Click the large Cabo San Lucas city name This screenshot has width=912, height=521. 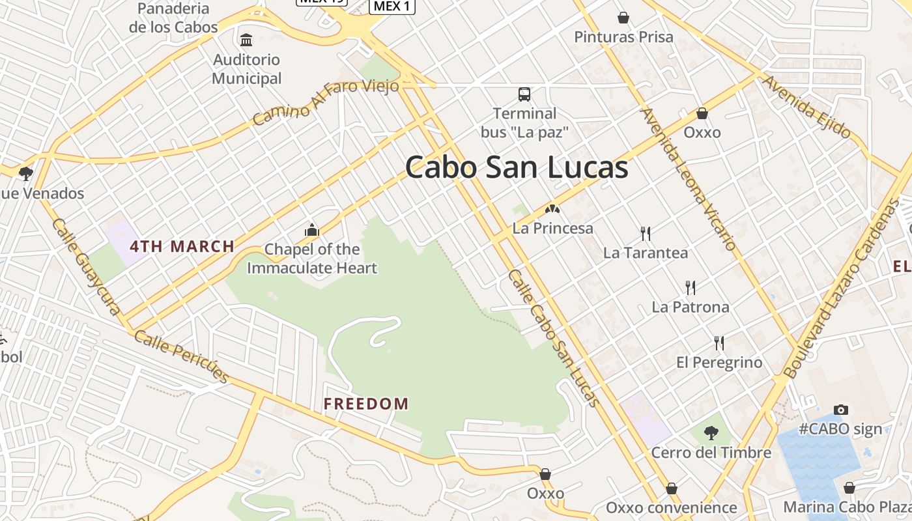point(517,168)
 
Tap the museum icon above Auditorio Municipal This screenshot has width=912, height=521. point(246,40)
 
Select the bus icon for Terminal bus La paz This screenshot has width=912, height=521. point(524,94)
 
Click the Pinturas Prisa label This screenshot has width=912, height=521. point(623,37)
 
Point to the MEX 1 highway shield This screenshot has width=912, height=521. point(392,7)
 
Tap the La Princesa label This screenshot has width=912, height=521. point(553,228)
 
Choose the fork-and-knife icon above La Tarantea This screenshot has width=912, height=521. point(646,233)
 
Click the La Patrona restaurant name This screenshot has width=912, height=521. point(691,307)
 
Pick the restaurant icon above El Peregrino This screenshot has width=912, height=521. point(719,343)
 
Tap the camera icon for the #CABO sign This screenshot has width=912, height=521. point(841,410)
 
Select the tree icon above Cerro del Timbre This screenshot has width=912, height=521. point(711,432)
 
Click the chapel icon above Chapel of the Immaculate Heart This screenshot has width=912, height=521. point(312,230)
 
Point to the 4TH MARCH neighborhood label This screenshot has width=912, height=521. point(182,246)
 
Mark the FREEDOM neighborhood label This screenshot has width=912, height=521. point(366,404)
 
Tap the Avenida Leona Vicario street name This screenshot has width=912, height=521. point(689,179)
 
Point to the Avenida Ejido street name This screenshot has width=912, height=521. point(806,107)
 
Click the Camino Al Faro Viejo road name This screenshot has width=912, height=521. point(325,103)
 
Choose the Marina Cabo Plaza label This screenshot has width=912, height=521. point(847,507)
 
